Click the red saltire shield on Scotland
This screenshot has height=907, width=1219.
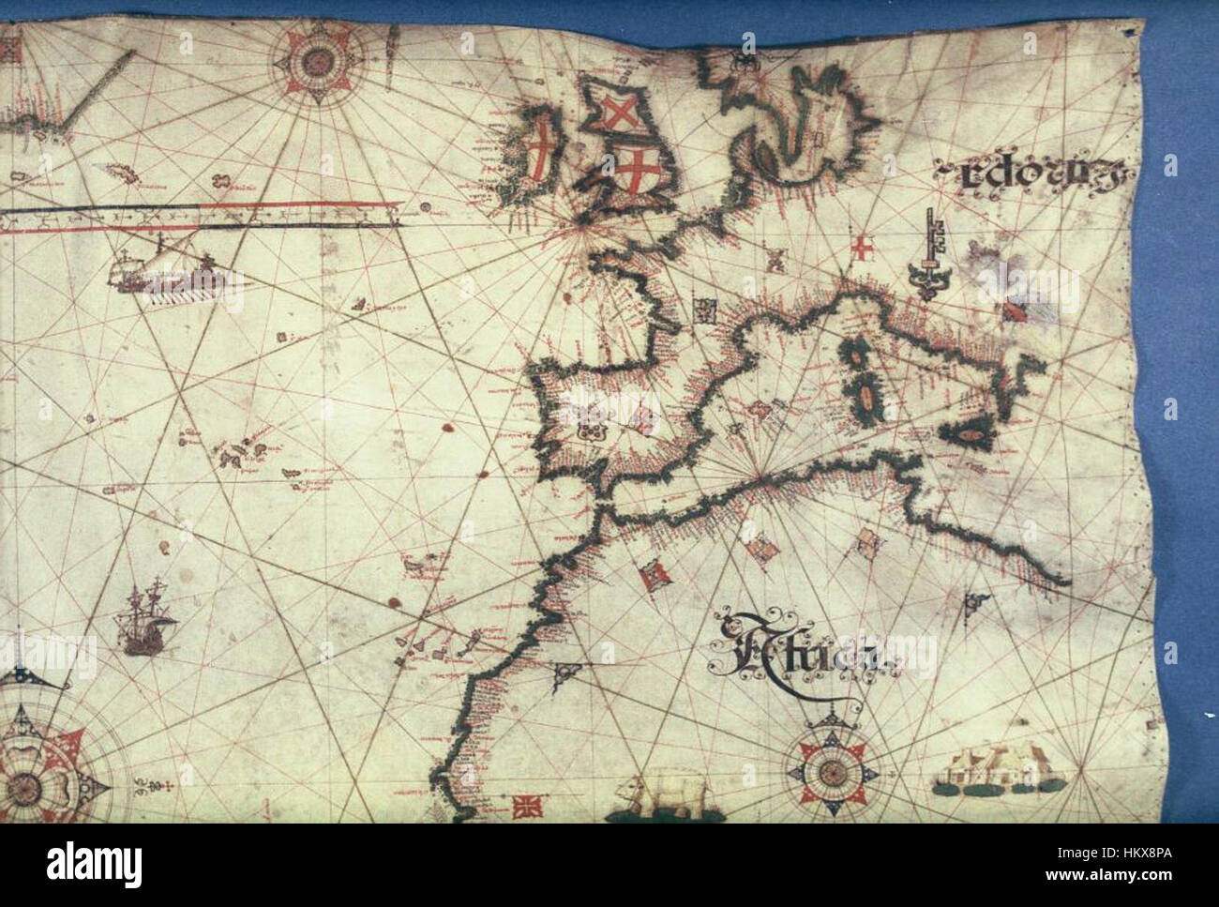[x=618, y=115]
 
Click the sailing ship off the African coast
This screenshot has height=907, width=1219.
[x=143, y=619]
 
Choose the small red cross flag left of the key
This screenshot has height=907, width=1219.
[x=861, y=249]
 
